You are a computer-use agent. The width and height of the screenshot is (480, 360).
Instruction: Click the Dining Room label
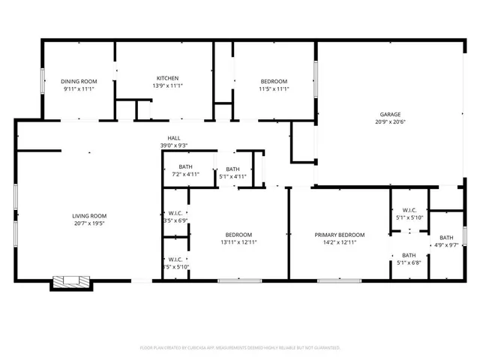pyautogui.click(x=79, y=81)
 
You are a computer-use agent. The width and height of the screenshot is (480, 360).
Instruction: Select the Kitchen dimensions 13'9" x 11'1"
pyautogui.click(x=167, y=86)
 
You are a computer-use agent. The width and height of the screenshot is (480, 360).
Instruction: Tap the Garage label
pyautogui.click(x=388, y=114)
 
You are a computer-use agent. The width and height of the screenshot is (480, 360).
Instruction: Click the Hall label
pyautogui.click(x=173, y=138)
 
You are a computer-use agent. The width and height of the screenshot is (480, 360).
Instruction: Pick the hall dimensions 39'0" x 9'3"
pyautogui.click(x=173, y=145)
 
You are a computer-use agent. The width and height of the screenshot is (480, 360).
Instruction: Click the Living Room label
pyautogui.click(x=89, y=215)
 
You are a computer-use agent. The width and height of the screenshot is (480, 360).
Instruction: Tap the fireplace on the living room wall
pyautogui.click(x=71, y=282)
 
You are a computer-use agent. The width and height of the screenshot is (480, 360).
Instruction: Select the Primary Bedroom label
pyautogui.click(x=339, y=235)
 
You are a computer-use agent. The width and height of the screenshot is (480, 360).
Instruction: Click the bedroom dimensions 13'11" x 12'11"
pyautogui.click(x=239, y=242)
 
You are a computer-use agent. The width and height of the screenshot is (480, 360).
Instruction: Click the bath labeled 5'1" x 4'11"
pyautogui.click(x=232, y=173)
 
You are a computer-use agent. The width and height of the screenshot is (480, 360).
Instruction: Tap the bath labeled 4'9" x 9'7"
pyautogui.click(x=446, y=241)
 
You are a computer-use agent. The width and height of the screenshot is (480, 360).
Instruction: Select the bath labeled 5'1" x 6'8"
pyautogui.click(x=409, y=259)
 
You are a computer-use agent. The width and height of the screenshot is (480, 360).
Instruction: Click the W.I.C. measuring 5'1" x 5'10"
pyautogui.click(x=409, y=214)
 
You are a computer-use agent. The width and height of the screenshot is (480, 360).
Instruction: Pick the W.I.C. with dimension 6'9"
pyautogui.click(x=176, y=217)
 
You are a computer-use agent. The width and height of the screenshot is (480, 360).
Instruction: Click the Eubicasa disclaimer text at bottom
pyautogui.click(x=240, y=348)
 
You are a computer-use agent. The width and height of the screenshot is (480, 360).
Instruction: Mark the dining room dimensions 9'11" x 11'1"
pyautogui.click(x=79, y=89)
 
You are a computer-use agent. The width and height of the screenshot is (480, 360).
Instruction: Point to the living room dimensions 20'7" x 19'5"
pyautogui.click(x=89, y=223)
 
